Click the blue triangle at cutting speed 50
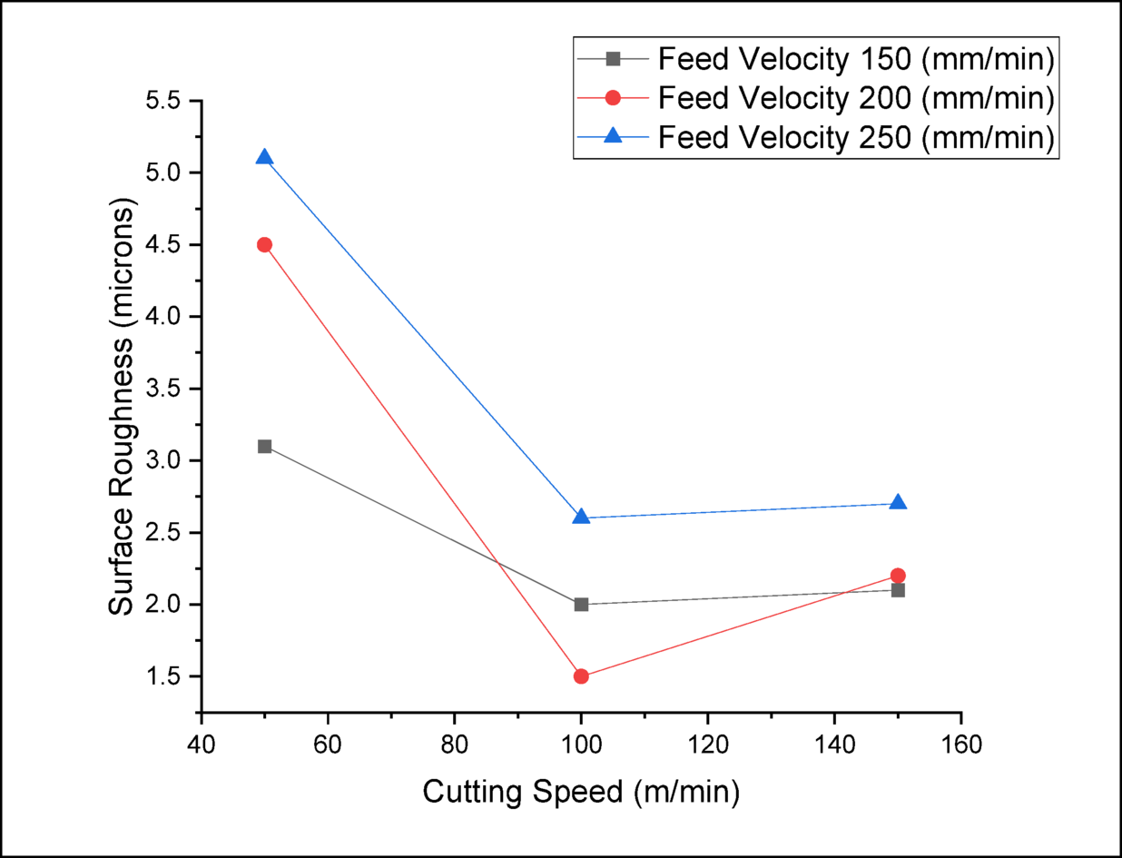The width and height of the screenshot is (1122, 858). click(264, 157)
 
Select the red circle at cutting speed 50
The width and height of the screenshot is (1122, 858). click(264, 244)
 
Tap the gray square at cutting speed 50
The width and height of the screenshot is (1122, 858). click(264, 446)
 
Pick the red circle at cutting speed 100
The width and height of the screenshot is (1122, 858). click(581, 676)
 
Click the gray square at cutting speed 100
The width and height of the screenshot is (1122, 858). click(581, 604)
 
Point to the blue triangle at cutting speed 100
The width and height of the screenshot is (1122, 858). click(581, 517)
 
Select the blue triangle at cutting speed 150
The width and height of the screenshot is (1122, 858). click(898, 502)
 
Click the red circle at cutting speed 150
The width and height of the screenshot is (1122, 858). click(898, 576)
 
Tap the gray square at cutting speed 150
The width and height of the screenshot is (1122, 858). click(898, 590)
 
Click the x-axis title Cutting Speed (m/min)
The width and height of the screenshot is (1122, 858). click(581, 793)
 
